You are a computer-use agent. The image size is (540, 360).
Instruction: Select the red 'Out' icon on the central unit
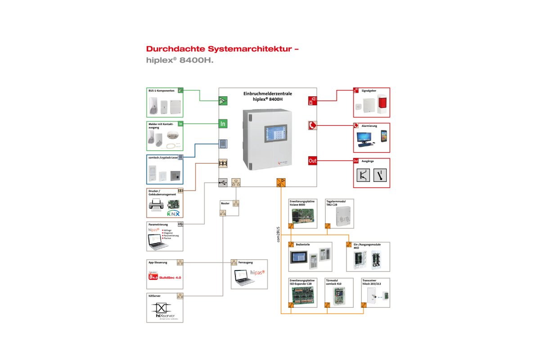pos(313,161)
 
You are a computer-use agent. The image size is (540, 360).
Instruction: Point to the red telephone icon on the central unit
pos(313,125)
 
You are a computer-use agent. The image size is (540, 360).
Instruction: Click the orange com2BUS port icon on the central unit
pos(281,182)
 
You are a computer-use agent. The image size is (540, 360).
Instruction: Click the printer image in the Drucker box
pos(156,207)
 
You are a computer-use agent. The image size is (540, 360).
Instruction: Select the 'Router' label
pos(225,203)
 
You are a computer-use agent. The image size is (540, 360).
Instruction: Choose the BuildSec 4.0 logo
pos(165,278)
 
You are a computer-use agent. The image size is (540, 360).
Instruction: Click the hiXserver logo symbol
pos(161,308)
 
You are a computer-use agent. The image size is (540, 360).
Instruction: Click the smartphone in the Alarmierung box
pos(383,137)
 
